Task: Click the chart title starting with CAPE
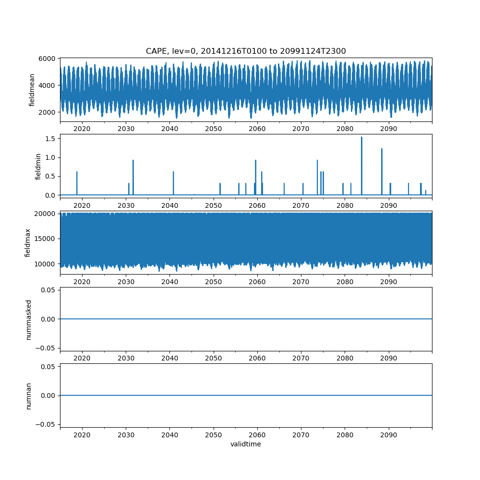point(246,51)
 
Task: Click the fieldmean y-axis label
point(32,90)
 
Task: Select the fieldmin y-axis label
point(38,166)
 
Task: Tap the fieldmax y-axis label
point(28,242)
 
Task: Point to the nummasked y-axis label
point(28,319)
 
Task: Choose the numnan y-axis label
point(28,396)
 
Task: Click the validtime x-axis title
point(246,444)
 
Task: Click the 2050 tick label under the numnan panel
point(214,435)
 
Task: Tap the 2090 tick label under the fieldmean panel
point(388,129)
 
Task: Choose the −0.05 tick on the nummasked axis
point(48,348)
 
